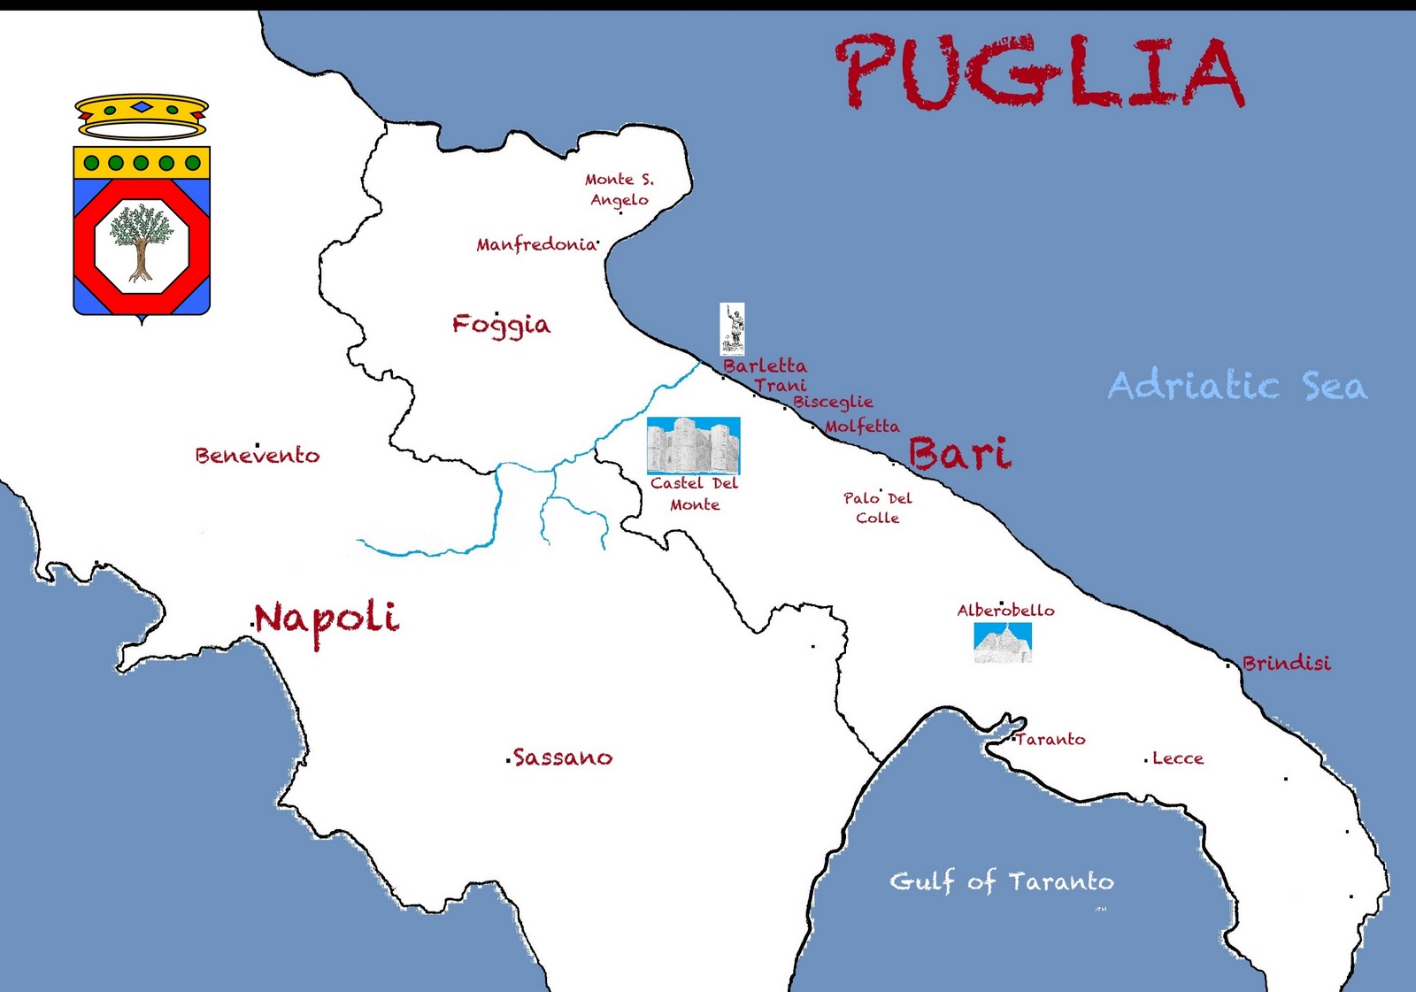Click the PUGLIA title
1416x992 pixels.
(x=1041, y=73)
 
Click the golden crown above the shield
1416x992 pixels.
(x=142, y=117)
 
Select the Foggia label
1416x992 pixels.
(x=501, y=325)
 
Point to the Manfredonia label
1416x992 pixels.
(x=536, y=244)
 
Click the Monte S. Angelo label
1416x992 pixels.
(x=619, y=189)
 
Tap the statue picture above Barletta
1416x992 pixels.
(x=732, y=328)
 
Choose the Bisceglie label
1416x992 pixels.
(x=833, y=402)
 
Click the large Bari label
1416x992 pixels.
(x=959, y=454)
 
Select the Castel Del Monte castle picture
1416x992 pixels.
(x=693, y=446)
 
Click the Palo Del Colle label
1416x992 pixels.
(x=877, y=508)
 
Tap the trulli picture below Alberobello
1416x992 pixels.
(x=1003, y=642)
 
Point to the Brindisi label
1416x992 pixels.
(x=1286, y=663)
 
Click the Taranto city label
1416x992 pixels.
(x=1050, y=739)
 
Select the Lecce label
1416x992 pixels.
(x=1177, y=758)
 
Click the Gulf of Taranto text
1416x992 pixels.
(x=1001, y=881)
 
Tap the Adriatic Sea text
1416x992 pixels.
(x=1237, y=386)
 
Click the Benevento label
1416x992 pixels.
(x=258, y=456)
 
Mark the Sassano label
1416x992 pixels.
(x=562, y=757)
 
